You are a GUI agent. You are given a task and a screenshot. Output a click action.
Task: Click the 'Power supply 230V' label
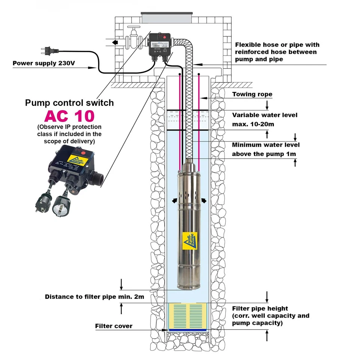click(43, 63)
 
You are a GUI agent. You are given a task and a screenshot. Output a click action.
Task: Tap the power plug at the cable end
click(44, 49)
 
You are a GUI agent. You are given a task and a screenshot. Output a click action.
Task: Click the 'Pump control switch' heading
click(69, 103)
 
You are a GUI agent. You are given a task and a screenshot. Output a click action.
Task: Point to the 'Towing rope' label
click(252, 94)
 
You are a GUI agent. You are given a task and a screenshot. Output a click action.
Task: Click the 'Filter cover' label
click(114, 326)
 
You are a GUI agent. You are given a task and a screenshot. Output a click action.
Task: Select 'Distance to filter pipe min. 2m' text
click(94, 297)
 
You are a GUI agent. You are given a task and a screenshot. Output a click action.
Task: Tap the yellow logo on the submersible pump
click(190, 240)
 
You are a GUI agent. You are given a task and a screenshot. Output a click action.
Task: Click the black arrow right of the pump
click(204, 201)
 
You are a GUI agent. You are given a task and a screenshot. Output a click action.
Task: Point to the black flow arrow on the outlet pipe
click(114, 42)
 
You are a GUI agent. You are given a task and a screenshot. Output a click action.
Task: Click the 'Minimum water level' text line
click(265, 145)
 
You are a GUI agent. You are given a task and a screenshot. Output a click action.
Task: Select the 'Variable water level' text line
click(265, 115)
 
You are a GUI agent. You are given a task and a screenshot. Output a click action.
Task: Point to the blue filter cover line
click(187, 330)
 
